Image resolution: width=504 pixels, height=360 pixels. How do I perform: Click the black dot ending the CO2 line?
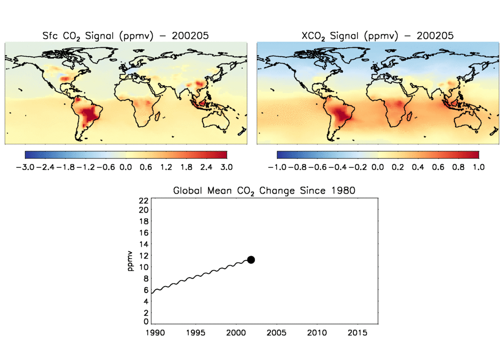click(x=251, y=260)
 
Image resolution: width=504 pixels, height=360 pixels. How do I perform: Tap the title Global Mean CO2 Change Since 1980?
click(x=264, y=191)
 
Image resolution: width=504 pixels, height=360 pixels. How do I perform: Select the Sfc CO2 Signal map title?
click(x=126, y=35)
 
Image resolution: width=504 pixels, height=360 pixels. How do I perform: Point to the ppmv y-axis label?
click(x=130, y=261)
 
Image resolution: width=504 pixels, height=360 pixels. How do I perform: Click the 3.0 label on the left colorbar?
click(x=227, y=167)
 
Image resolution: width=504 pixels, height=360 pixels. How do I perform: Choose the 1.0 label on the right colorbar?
click(x=478, y=167)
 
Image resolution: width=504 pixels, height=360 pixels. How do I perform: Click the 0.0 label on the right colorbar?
click(x=378, y=167)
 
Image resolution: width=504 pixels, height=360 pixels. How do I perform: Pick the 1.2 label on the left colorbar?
click(x=166, y=167)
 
